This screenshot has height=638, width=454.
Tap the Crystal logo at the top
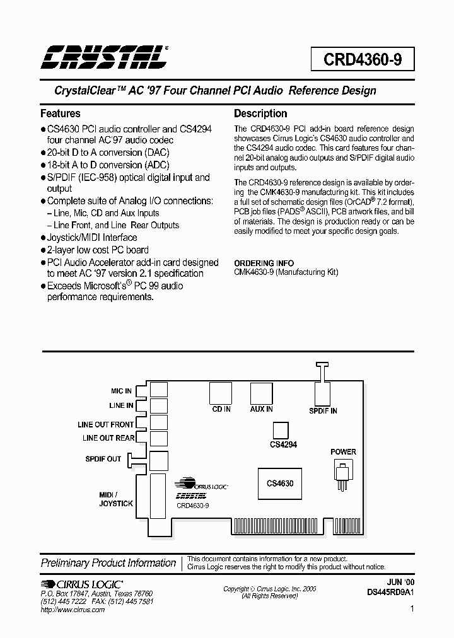[104, 57]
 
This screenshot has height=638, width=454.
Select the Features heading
[61, 114]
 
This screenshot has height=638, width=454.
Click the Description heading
[260, 114]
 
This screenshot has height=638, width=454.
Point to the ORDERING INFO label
[263, 263]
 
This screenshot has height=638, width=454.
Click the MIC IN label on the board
[121, 391]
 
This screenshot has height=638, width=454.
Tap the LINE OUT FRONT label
[105, 425]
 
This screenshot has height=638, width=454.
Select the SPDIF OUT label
[103, 459]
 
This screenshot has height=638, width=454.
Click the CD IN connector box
[221, 394]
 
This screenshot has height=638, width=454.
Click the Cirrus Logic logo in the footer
[82, 584]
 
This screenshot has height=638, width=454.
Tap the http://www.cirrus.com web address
[73, 610]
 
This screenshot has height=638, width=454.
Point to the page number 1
[412, 609]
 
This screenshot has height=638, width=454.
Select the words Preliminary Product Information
[108, 563]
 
